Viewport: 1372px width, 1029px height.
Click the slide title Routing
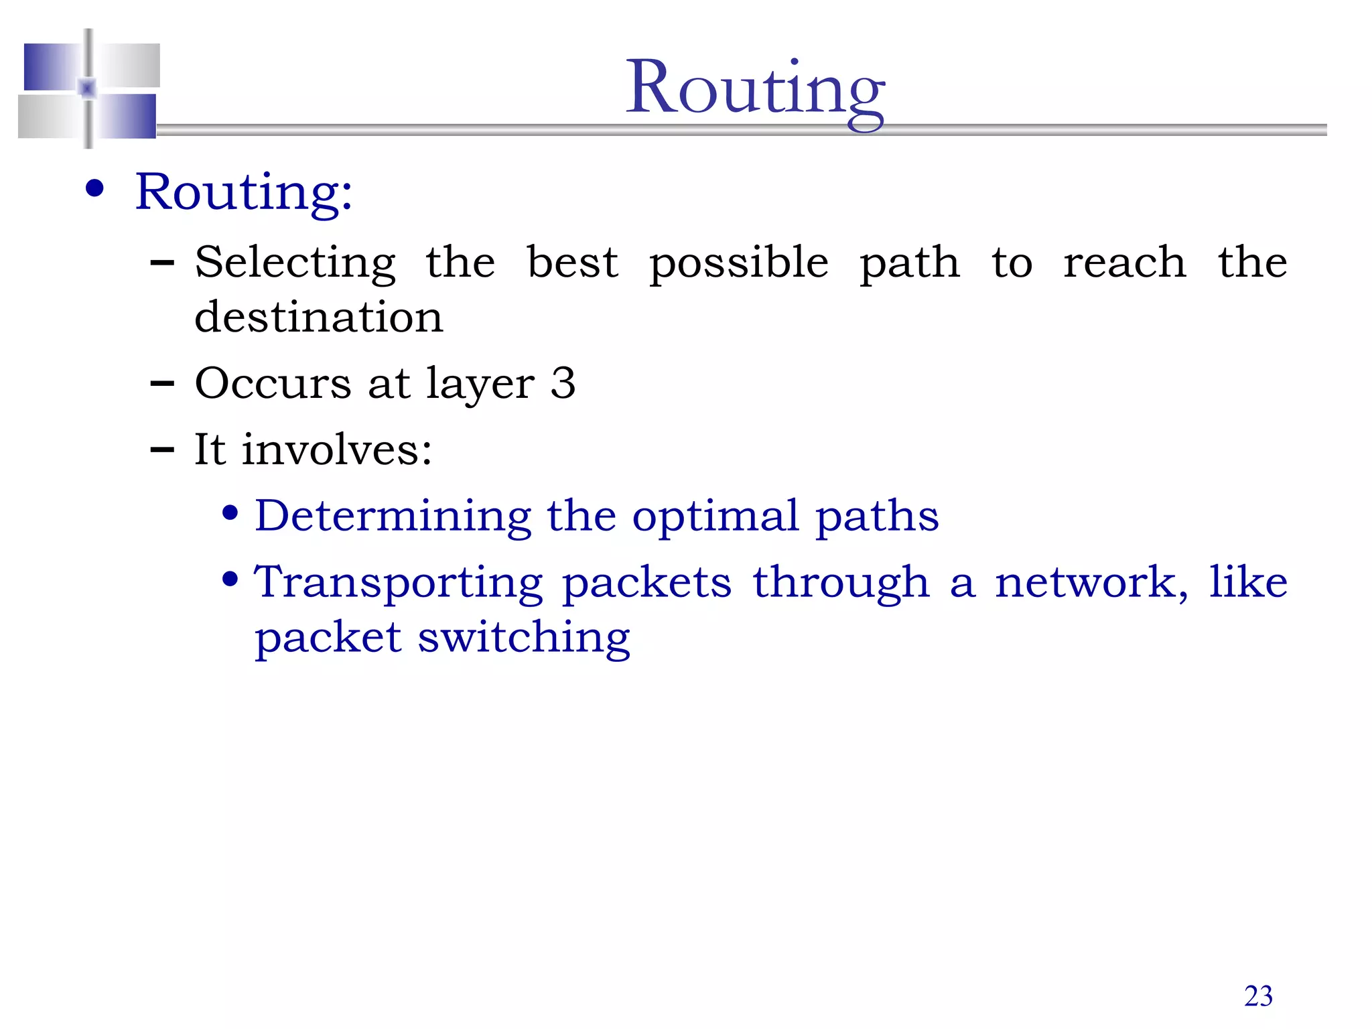pyautogui.click(x=755, y=90)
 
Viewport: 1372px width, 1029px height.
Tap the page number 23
pyautogui.click(x=1258, y=996)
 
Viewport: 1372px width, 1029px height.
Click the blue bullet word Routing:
pyautogui.click(x=244, y=192)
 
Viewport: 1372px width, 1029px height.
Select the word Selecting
pyautogui.click(x=295, y=263)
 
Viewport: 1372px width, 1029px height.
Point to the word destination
pyautogui.click(x=319, y=317)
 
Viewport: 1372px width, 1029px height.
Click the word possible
pyautogui.click(x=739, y=263)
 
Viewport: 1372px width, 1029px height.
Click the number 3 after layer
pyautogui.click(x=563, y=383)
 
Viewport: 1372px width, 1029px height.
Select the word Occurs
pyautogui.click(x=273, y=383)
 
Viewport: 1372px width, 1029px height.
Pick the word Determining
pyautogui.click(x=393, y=516)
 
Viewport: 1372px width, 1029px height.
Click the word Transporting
pyautogui.click(x=399, y=583)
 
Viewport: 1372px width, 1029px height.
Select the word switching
pyautogui.click(x=524, y=638)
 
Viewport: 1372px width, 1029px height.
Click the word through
pyautogui.click(x=841, y=583)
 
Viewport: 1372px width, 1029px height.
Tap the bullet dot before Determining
pyautogui.click(x=230, y=514)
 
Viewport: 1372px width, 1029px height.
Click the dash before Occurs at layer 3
pyautogui.click(x=162, y=384)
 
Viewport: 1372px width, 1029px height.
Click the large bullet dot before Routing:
pyautogui.click(x=95, y=189)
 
